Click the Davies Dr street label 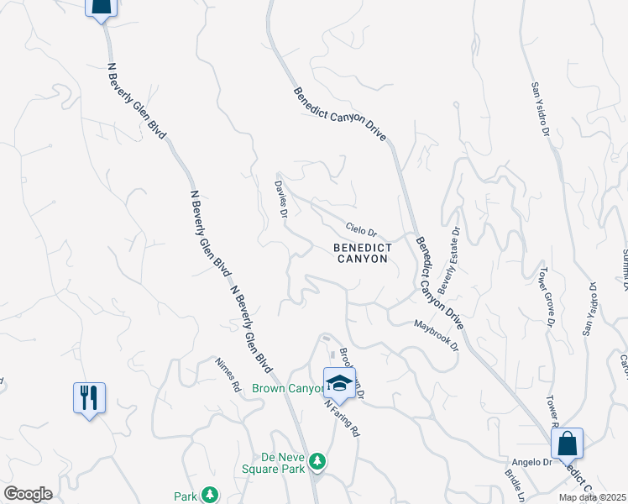(282, 197)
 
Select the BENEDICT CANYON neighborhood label (362, 253)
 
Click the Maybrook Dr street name (437, 333)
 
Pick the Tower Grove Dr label (547, 298)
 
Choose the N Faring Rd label (343, 417)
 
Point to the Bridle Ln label (513, 486)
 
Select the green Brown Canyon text (288, 388)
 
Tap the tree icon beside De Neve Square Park (317, 461)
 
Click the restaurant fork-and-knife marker (89, 396)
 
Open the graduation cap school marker (339, 383)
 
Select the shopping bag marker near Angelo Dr (567, 442)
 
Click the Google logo (28, 494)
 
